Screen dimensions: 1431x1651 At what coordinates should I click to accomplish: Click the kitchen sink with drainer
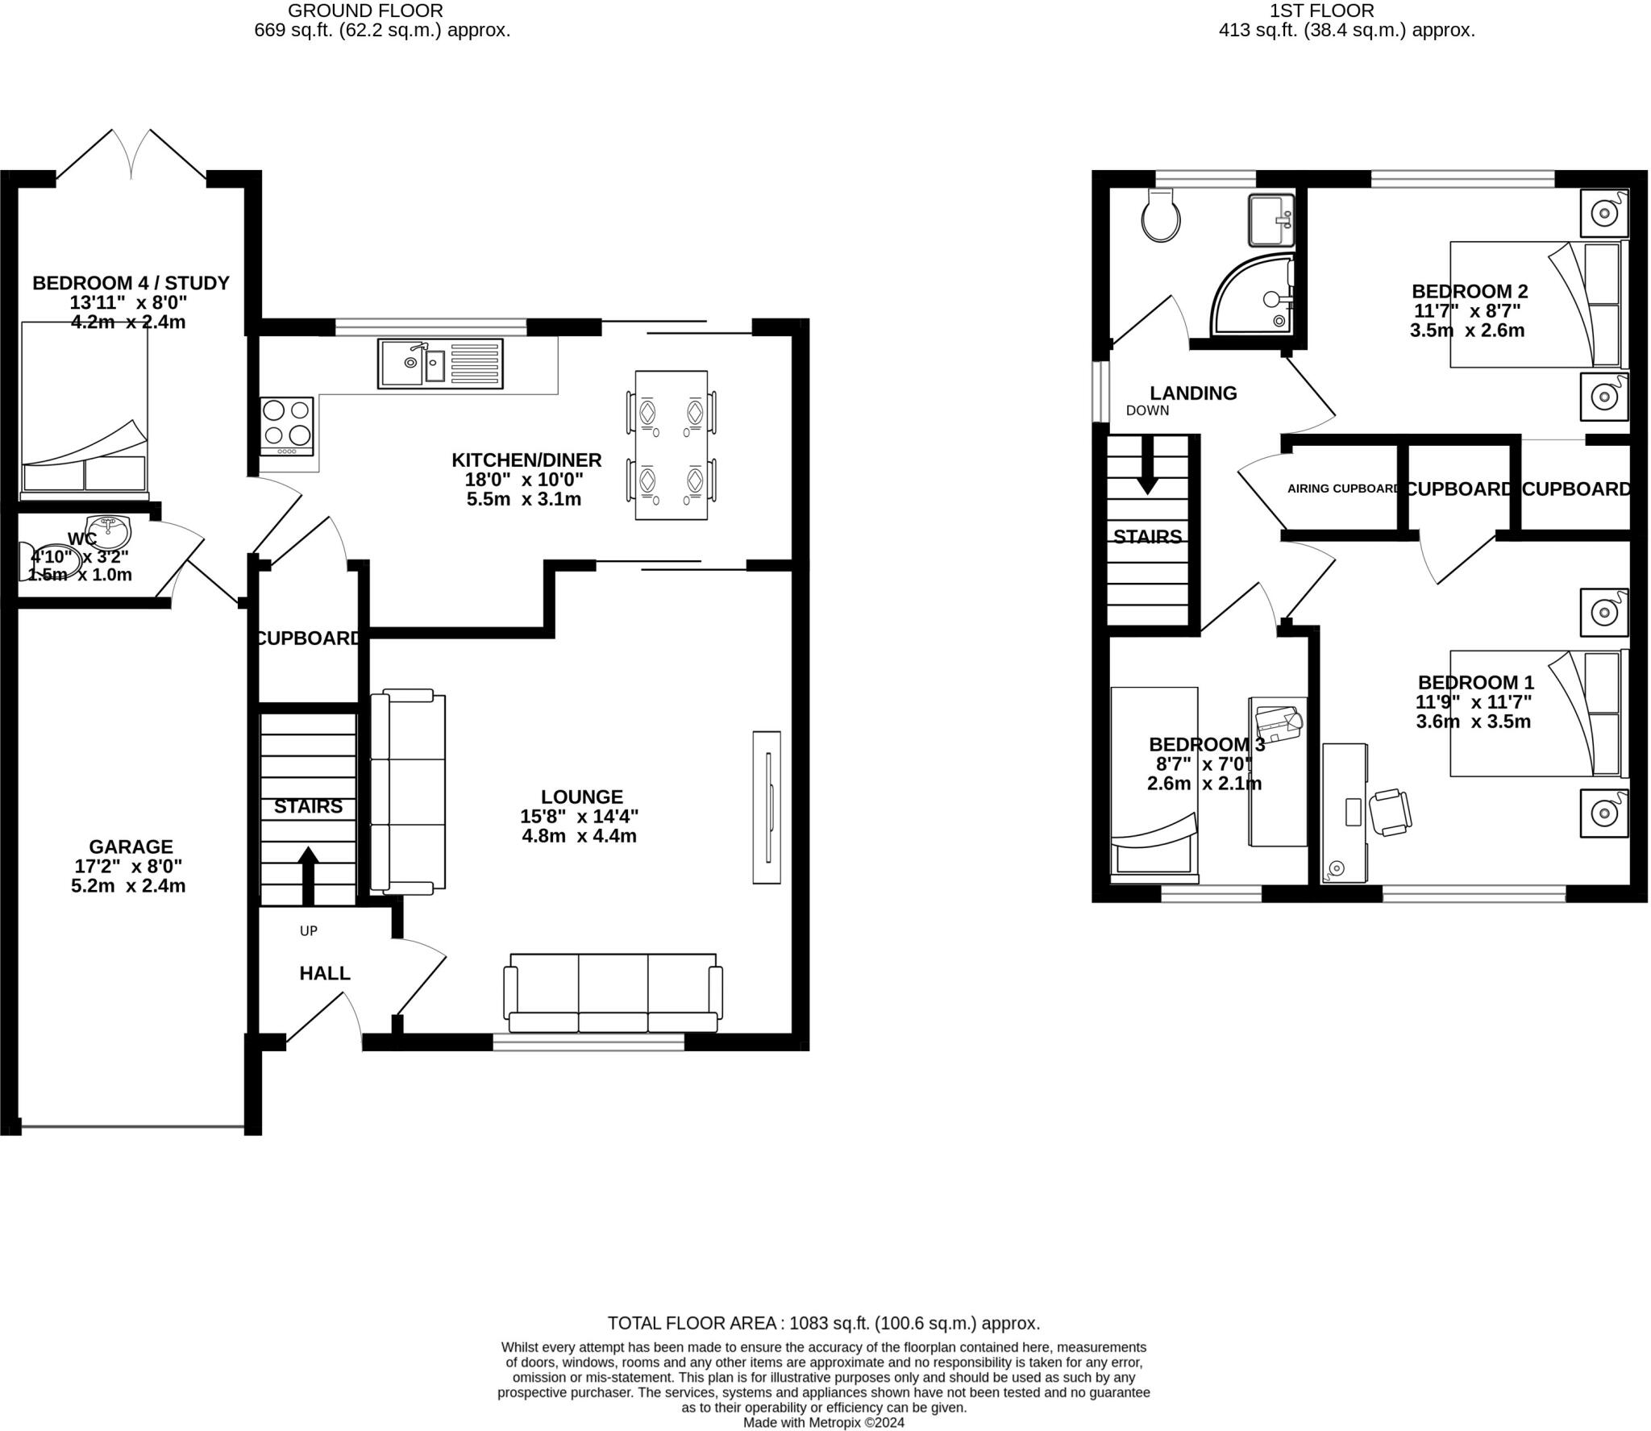[440, 364]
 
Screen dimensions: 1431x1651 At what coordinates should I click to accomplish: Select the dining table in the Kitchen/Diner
[671, 445]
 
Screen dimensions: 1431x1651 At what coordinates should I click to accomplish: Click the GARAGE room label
[131, 847]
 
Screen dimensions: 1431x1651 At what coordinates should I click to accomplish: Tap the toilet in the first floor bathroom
[1161, 215]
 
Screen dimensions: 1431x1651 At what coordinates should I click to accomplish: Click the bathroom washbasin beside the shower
[1271, 219]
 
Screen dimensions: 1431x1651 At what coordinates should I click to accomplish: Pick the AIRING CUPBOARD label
[1343, 489]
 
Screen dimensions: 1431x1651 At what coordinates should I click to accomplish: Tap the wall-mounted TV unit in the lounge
[767, 807]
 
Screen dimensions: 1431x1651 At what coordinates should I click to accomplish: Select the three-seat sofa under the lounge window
[613, 993]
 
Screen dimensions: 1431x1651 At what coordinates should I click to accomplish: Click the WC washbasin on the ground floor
[108, 531]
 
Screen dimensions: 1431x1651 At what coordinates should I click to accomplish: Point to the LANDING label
[1192, 393]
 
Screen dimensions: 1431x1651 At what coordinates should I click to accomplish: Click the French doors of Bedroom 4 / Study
[131, 155]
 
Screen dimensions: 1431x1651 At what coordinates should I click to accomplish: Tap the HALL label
[325, 973]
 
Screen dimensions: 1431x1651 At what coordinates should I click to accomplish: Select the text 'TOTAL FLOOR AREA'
[692, 1323]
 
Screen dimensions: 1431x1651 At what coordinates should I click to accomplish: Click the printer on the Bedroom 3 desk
[1278, 723]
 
